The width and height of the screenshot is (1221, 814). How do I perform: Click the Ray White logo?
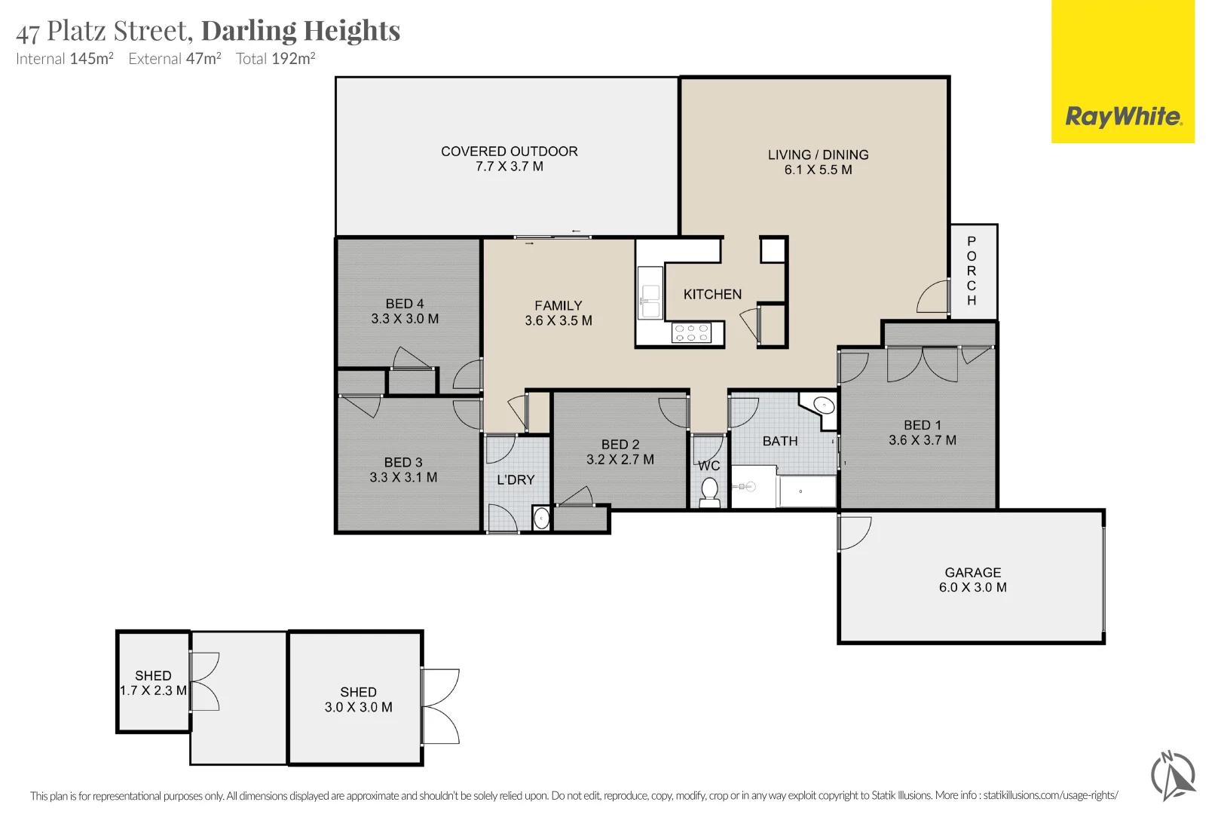[x=1123, y=72]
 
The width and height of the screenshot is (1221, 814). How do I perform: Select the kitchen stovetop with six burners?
[x=691, y=332]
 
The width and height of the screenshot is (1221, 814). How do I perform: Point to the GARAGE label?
[x=973, y=573]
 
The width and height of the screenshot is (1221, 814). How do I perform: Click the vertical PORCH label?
[x=972, y=271]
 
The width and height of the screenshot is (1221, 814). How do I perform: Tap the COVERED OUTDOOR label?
[x=509, y=151]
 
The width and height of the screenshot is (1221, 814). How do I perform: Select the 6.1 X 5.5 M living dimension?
[x=819, y=170]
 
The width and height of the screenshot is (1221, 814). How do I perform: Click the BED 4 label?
[x=405, y=304]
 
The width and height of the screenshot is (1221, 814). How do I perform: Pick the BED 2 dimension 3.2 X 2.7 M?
[x=620, y=459]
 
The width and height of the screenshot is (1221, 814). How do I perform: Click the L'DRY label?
[x=516, y=480]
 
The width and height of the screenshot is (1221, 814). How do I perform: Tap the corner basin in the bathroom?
[x=823, y=406]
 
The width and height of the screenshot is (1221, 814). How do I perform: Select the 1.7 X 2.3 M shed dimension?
[x=153, y=690]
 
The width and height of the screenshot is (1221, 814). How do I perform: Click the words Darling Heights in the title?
[x=301, y=30]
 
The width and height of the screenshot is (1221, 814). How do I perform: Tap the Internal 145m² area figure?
[x=64, y=58]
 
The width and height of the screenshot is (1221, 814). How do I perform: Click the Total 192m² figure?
[x=275, y=58]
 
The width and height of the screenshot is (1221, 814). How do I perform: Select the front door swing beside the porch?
[x=933, y=297]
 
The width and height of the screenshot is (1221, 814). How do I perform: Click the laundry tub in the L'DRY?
[x=540, y=518]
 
